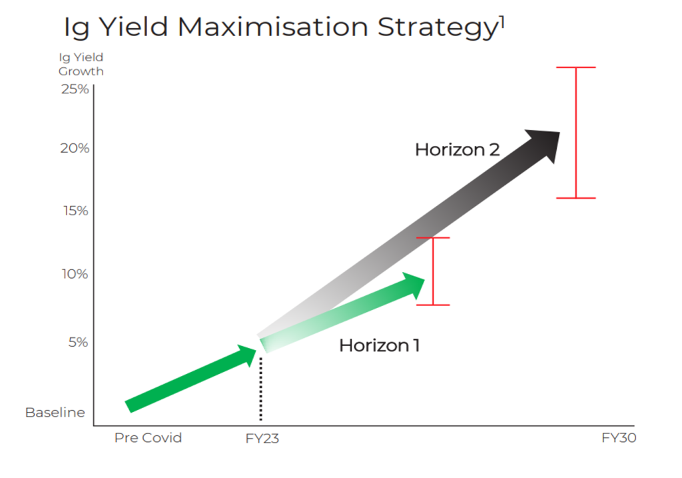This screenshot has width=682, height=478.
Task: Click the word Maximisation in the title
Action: [273, 27]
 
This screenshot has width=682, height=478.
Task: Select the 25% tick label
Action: [75, 89]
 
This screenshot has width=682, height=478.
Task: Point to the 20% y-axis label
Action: [75, 149]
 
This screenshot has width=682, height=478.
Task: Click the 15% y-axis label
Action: [76, 211]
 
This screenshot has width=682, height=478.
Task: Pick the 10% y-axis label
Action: [75, 274]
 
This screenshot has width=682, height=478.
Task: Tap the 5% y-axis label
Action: [79, 342]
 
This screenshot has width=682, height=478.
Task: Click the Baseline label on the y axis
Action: [55, 412]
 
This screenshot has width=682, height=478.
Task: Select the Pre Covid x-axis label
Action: [148, 437]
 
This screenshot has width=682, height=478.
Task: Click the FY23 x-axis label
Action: [262, 438]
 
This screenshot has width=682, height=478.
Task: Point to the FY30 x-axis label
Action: [619, 437]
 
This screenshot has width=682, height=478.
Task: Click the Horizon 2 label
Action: [458, 150]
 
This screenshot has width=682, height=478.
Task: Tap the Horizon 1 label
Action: [379, 345]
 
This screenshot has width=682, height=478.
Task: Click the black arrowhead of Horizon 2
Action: [545, 143]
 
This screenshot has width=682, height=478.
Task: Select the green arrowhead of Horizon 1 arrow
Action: [414, 285]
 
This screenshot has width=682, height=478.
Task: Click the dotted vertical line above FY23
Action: [260, 388]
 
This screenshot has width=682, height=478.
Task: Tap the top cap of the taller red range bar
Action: [576, 67]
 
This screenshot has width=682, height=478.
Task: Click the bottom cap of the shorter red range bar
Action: [433, 305]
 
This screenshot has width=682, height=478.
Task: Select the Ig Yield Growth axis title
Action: [81, 65]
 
